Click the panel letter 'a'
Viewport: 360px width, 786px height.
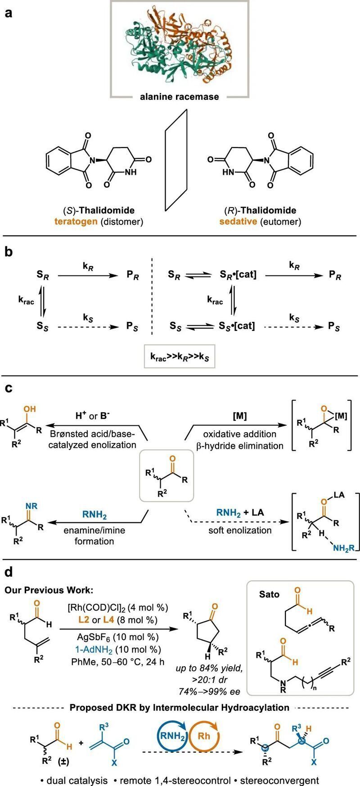pos(9,13)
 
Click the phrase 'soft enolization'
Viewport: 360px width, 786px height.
pos(240,530)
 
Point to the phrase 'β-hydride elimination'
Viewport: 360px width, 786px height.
pos(243,446)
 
